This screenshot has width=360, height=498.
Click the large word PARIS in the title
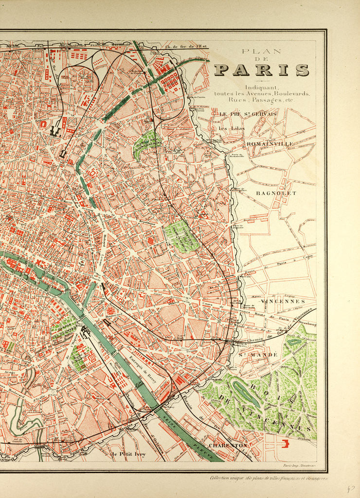click(261, 70)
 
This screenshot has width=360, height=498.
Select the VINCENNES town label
click(283, 302)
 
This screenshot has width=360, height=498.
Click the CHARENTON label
click(228, 445)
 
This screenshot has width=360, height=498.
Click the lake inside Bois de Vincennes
click(246, 393)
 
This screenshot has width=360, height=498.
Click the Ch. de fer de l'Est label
click(187, 47)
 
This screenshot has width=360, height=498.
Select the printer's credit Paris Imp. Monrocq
click(301, 466)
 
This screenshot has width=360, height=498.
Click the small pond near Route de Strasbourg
click(294, 341)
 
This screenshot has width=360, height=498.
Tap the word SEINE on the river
click(174, 428)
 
